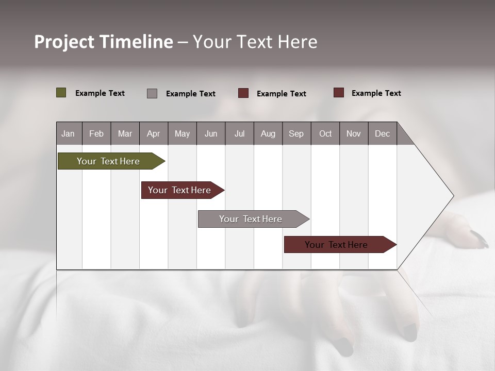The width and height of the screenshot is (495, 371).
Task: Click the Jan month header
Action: [x=69, y=133]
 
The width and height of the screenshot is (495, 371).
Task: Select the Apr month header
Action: [x=154, y=133]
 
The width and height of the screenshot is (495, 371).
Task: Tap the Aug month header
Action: [x=268, y=133]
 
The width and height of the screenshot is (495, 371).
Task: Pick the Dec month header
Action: [x=383, y=133]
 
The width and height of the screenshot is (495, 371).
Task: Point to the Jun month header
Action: [x=211, y=133]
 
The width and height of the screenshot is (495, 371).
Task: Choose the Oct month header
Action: [x=325, y=133]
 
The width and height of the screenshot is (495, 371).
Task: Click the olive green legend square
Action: [x=61, y=93]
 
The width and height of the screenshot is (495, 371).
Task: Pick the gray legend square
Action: [x=152, y=93]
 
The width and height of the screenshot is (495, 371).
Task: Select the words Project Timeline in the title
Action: [x=103, y=42]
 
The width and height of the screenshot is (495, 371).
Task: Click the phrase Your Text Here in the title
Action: [x=255, y=42]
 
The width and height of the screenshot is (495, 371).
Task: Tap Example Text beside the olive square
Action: [x=100, y=93]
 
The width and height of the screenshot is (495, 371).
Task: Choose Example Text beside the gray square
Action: [x=191, y=94]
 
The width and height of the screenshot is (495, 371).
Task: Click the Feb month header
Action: [x=96, y=133]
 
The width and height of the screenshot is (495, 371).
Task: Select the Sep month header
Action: [x=296, y=133]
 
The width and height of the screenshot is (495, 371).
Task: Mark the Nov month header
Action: [x=354, y=133]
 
